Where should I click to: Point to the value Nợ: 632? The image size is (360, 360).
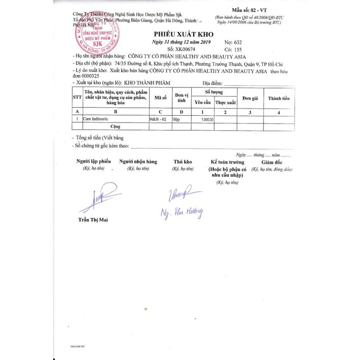click(x=233, y=42)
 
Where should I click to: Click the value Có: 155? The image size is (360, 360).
click(x=233, y=49)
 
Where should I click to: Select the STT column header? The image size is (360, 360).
click(x=77, y=98)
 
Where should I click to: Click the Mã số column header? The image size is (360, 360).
click(x=160, y=98)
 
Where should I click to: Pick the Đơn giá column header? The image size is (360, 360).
click(x=250, y=98)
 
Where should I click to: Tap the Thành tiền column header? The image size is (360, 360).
click(x=279, y=98)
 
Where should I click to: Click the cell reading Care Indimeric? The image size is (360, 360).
click(x=95, y=119)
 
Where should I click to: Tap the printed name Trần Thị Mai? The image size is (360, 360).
click(x=93, y=219)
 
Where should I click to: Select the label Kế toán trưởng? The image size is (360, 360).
click(x=227, y=162)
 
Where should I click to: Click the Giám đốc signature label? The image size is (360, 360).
click(x=271, y=162)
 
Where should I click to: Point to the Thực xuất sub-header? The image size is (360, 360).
click(x=226, y=103)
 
